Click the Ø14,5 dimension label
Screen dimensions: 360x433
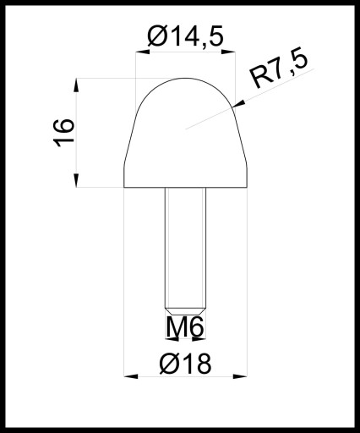185,36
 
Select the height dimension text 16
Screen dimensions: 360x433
63,133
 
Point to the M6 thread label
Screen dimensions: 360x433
184,327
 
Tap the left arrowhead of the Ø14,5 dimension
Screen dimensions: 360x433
142,52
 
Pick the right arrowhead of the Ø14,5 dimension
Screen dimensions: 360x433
228,52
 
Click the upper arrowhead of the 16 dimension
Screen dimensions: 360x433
76,85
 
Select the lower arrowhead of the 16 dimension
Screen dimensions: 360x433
76,180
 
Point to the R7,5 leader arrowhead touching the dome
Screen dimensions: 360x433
238,104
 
